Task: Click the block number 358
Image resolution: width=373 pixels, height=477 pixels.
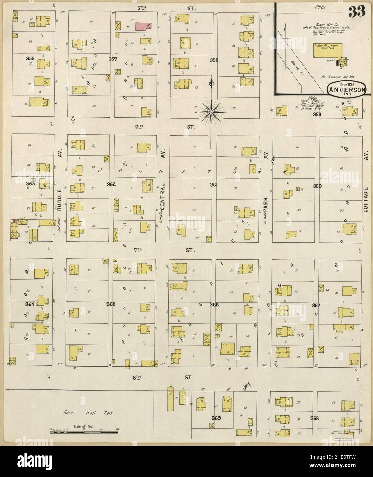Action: pos(214,60)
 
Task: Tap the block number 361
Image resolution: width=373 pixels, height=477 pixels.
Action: pos(214,185)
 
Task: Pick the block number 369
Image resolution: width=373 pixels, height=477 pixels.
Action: pos(216,418)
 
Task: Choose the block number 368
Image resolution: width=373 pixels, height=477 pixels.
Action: pos(314,418)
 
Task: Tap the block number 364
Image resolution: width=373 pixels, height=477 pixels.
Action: pos(30,304)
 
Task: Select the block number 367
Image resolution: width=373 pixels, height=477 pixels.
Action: pos(316,305)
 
